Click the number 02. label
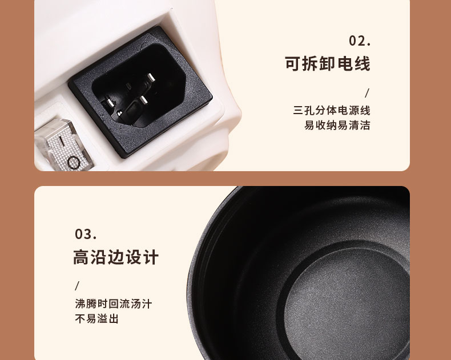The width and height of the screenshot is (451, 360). coord(360,41)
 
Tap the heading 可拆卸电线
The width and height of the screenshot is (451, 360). coord(327,63)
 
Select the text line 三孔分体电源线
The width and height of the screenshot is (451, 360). coord(332,111)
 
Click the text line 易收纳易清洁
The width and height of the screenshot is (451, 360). coord(337,125)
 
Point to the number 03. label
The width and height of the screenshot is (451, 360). coord(86,234)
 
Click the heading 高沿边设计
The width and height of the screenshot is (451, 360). coord(116,257)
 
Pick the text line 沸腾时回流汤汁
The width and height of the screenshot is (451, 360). coord(114,304)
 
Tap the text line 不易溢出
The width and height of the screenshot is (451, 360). coord(96,318)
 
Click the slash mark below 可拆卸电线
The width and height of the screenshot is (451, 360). coord(367,93)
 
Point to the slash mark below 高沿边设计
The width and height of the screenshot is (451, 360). coord(77,286)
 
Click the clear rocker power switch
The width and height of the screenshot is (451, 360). coord(63,145)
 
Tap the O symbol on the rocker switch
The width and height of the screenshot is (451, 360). coord(73,163)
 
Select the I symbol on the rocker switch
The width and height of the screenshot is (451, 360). coord(62,140)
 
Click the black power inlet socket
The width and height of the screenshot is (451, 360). coord(140,92)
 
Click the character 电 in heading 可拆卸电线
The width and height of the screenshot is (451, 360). coord(345,63)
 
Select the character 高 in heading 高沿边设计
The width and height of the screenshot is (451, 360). coord(80,257)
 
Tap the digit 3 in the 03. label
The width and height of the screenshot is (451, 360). coord(88,234)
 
